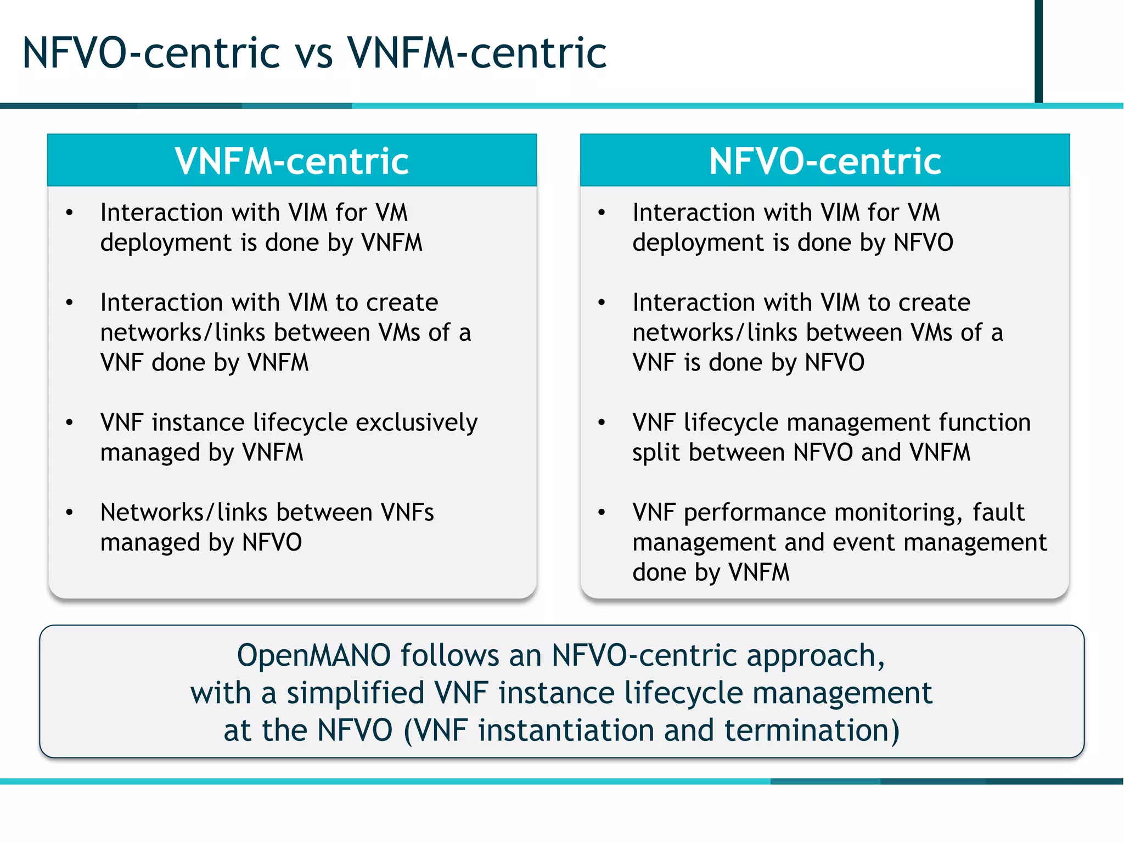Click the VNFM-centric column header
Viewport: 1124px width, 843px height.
click(x=291, y=161)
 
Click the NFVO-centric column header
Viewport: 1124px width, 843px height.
click(x=825, y=161)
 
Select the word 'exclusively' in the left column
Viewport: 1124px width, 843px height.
click(x=417, y=423)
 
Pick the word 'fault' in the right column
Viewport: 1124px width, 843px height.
click(x=998, y=513)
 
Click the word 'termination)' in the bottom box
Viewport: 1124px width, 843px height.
click(x=812, y=731)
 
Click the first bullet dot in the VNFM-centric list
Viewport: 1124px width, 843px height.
click(x=69, y=213)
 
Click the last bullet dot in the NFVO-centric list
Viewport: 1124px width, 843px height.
click(x=602, y=513)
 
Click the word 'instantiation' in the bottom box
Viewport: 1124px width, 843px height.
click(x=566, y=731)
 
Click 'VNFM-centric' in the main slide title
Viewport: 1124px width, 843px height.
click(x=477, y=54)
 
